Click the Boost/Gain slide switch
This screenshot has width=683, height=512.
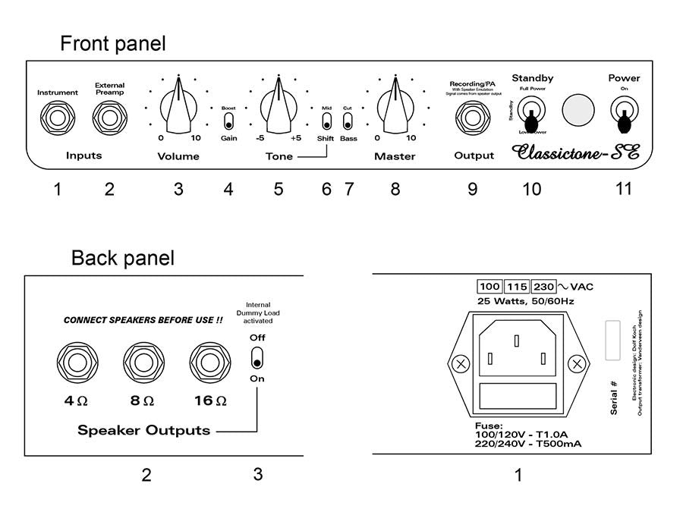pos(228,123)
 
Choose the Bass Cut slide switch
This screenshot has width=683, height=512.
pos(348,123)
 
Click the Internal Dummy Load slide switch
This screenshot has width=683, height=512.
pos(257,358)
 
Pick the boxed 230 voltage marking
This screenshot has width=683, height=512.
pos(543,287)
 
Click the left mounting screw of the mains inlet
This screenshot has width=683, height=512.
pos(459,364)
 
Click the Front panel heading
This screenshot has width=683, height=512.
pos(112,43)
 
